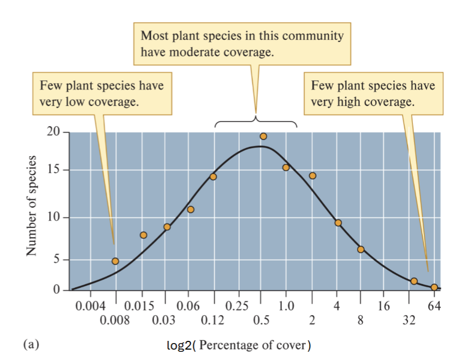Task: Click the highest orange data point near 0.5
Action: tap(263, 136)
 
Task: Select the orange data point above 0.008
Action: tap(115, 261)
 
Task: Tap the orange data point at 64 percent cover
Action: tap(434, 287)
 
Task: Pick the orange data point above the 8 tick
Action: tap(360, 249)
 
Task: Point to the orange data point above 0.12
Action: tap(213, 176)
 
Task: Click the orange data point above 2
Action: tap(312, 175)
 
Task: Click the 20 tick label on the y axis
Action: tap(53, 132)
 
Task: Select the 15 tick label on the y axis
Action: tap(53, 170)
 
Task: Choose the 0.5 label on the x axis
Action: tap(261, 320)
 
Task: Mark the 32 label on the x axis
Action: tap(409, 320)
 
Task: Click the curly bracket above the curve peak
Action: tap(256, 121)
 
